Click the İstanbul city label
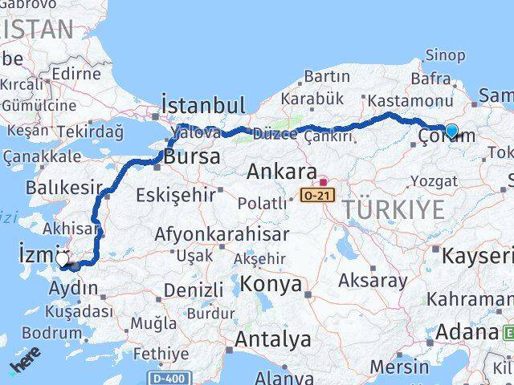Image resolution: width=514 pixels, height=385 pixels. [202, 107]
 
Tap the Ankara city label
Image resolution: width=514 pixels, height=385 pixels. [281, 171]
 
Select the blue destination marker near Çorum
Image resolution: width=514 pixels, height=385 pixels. [451, 131]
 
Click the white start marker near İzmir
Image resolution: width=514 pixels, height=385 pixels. [63, 259]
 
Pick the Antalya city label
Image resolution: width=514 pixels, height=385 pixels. [271, 339]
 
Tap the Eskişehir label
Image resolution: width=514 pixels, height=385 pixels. [176, 194]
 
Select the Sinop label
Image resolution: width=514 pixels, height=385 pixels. [444, 55]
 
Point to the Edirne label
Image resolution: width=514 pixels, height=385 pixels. [76, 74]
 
